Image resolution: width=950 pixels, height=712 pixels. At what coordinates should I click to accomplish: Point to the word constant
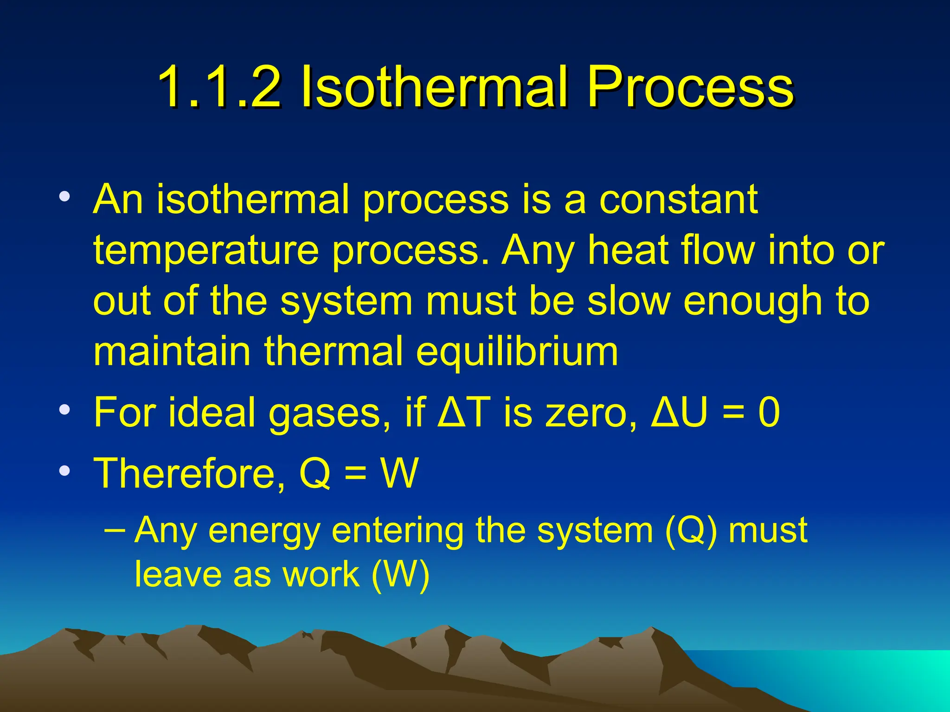(679, 200)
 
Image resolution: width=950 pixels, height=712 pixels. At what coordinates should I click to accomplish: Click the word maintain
(172, 351)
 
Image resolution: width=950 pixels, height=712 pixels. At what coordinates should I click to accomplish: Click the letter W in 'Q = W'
(399, 473)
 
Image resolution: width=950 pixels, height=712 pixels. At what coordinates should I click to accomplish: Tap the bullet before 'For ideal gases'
(65, 410)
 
